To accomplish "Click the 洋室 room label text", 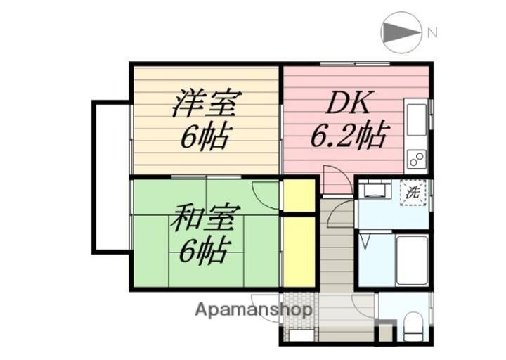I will pyautogui.click(x=205, y=103).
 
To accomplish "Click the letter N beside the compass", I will pyautogui.click(x=433, y=32).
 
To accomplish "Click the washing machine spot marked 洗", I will pyautogui.click(x=414, y=191).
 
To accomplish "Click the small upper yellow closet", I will pyautogui.click(x=298, y=196).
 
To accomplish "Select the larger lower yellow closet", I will pyautogui.click(x=298, y=250).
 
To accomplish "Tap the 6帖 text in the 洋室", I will pyautogui.click(x=204, y=136).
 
